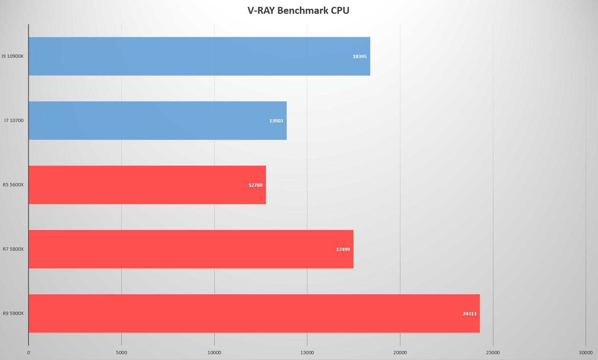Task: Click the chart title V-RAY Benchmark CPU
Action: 298,11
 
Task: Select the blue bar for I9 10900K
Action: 199,56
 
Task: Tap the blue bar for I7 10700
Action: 157,121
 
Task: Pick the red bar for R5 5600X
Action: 147,185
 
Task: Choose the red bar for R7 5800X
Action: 191,249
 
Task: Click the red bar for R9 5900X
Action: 254,314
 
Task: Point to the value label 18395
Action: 360,57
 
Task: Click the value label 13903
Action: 276,121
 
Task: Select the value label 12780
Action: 255,185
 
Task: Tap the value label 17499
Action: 343,250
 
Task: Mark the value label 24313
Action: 469,314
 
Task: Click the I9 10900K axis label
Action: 12,56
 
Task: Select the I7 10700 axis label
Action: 14,121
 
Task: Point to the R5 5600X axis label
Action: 13,185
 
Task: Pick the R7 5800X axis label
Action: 13,249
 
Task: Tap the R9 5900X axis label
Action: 13,314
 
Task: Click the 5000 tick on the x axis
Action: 121,353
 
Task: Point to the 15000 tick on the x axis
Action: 307,353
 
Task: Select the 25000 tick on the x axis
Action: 493,353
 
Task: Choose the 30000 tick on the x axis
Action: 586,353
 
